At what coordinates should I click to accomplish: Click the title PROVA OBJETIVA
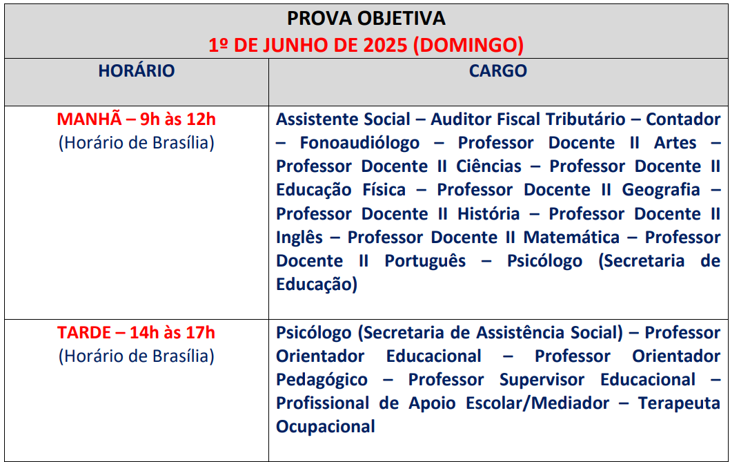click(x=366, y=19)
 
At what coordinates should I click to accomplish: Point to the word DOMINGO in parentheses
click(x=468, y=45)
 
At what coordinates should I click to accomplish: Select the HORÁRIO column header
click(x=137, y=70)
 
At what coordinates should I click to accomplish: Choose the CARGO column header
click(x=497, y=71)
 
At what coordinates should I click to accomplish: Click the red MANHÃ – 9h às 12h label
click(x=137, y=119)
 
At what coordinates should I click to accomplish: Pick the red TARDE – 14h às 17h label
click(x=136, y=332)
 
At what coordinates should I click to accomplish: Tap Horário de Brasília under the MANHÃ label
click(x=137, y=143)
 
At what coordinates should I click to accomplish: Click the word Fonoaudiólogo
click(x=359, y=143)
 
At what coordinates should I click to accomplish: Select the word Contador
click(x=683, y=119)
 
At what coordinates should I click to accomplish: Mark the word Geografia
click(x=661, y=190)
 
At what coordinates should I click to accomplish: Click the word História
click(x=489, y=214)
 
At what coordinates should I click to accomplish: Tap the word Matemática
click(x=571, y=238)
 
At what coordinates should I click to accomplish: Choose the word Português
click(x=425, y=262)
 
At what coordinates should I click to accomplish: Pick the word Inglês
click(x=299, y=238)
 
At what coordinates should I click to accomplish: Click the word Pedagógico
click(x=322, y=380)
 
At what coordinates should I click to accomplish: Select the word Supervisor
click(x=542, y=380)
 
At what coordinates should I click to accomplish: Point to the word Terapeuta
click(x=679, y=403)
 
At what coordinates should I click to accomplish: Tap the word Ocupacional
click(x=326, y=427)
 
